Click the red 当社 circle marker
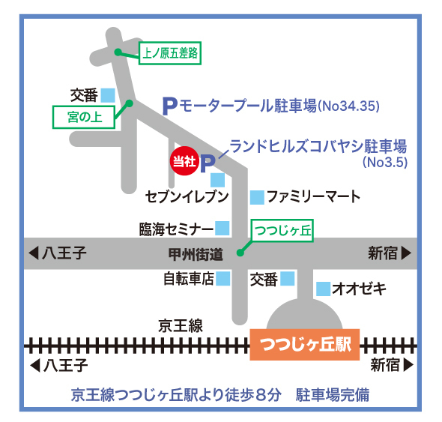184,161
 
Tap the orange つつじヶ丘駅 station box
304,345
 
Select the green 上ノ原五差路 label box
170,53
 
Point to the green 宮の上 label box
84,117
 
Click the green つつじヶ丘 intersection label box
282,230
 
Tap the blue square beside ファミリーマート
257,197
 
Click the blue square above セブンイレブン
217,180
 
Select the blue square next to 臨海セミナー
222,228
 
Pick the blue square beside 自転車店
223,278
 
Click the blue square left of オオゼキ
323,289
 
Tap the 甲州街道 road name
196,254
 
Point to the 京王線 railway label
181,326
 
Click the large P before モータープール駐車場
170,106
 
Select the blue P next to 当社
208,163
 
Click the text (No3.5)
385,162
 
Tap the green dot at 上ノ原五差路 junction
118,52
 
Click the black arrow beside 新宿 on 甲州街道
407,253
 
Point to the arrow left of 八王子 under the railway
35,365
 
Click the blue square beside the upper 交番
108,95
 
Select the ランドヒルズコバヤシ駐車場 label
318,146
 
